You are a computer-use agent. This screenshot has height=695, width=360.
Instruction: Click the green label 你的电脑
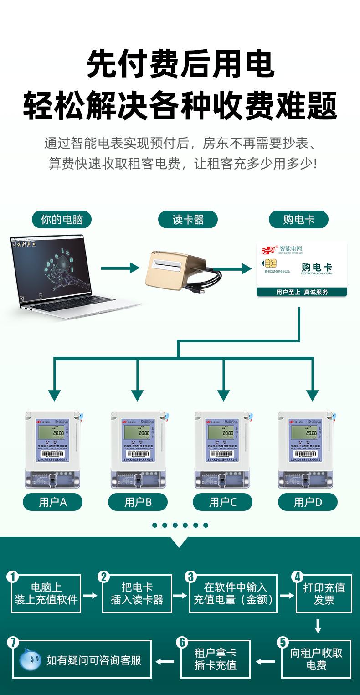coord(62,220)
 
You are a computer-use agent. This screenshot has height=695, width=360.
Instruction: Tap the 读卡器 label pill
coord(188,220)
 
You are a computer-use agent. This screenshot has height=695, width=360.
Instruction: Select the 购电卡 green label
coord(298,220)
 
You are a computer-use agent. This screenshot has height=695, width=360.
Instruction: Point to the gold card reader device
coord(175,269)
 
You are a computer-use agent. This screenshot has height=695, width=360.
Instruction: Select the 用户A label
coord(53,502)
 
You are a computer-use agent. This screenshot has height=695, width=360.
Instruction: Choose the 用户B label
coord(138,502)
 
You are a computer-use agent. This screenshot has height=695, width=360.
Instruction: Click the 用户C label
coord(223,502)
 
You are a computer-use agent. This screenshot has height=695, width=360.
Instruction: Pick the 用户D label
coord(308,502)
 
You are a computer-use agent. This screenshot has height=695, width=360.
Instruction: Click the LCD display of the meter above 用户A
coord(54,431)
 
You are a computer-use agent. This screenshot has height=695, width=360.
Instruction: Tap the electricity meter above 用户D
coord(308,449)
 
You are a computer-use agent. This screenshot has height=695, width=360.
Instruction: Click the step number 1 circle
coord(13,577)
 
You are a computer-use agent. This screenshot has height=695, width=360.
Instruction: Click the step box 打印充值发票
coord(324,593)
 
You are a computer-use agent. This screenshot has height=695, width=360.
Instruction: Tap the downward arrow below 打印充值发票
coord(318,626)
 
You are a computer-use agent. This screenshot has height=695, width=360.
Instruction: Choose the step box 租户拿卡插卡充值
coord(216,659)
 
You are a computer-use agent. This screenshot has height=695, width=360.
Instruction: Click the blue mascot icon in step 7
coord(31,659)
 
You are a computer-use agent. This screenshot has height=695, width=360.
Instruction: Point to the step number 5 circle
coord(283,643)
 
